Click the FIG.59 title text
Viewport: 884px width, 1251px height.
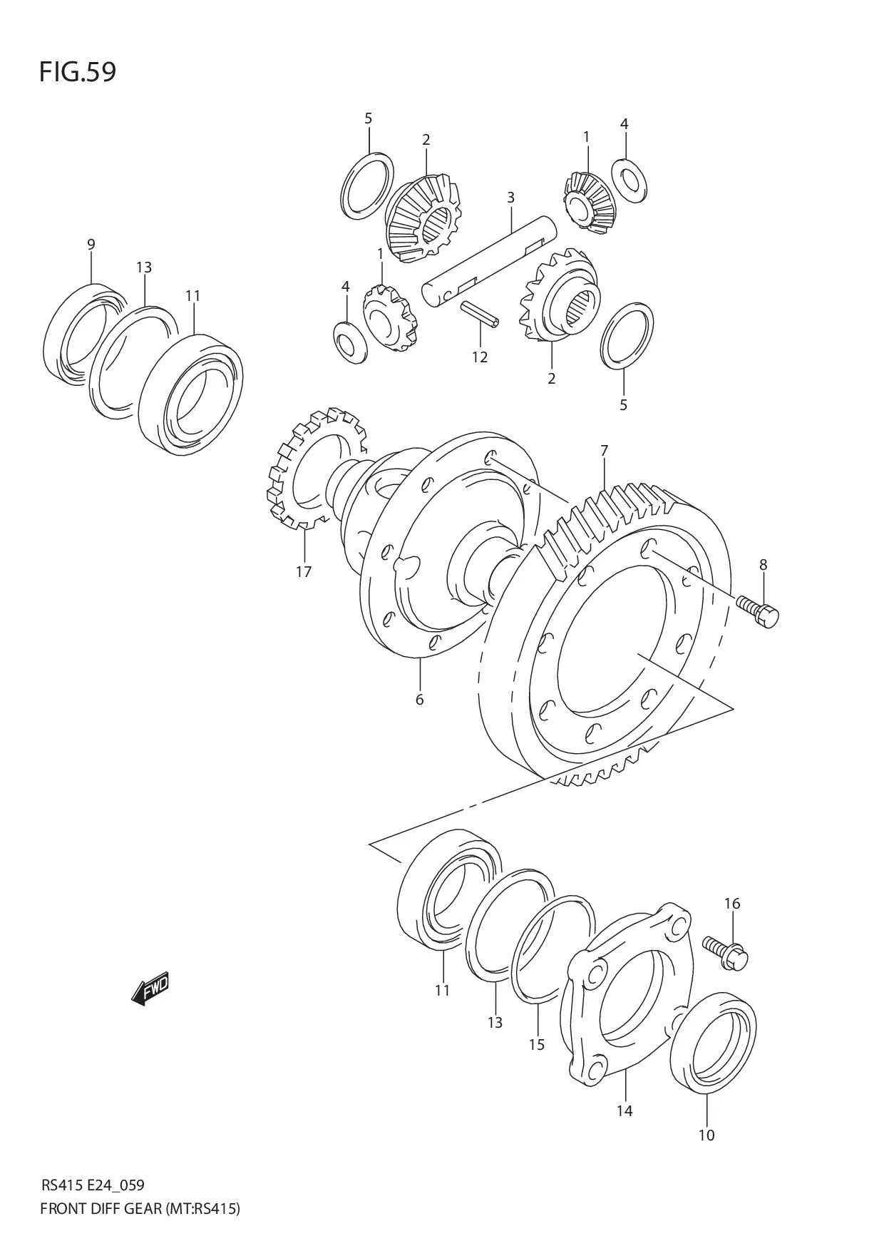pyautogui.click(x=77, y=72)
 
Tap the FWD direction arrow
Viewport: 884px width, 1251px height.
pyautogui.click(x=151, y=989)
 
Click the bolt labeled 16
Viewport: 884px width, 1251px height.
pyautogui.click(x=725, y=952)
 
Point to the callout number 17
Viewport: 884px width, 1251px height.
pyautogui.click(x=304, y=571)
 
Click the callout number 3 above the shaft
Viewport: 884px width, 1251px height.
pyautogui.click(x=510, y=197)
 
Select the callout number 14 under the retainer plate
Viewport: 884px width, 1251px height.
pyautogui.click(x=625, y=1110)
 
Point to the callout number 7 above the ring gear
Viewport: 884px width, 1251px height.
pyautogui.click(x=604, y=450)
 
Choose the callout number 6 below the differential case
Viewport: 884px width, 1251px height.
pyautogui.click(x=419, y=700)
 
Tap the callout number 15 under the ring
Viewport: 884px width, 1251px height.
pyautogui.click(x=536, y=1045)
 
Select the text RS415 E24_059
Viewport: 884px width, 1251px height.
pyautogui.click(x=93, y=1185)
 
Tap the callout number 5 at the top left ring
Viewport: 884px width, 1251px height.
pyautogui.click(x=368, y=118)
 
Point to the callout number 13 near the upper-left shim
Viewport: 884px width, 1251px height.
pyautogui.click(x=144, y=267)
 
